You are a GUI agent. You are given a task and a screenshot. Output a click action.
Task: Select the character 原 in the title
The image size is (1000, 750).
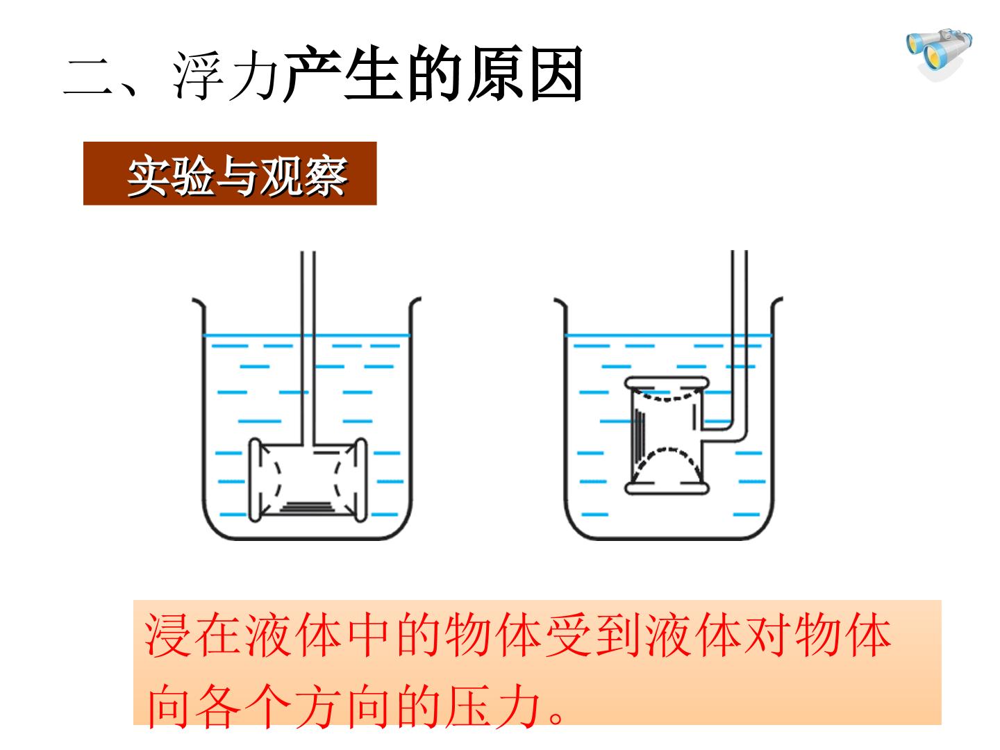click(496, 74)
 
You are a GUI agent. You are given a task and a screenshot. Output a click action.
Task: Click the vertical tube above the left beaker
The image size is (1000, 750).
click(308, 348)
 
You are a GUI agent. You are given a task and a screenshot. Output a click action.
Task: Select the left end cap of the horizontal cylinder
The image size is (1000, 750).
click(255, 479)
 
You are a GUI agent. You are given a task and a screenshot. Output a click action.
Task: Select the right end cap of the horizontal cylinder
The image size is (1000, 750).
click(360, 479)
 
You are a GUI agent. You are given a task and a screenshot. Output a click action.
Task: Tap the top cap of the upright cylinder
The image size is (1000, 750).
click(667, 383)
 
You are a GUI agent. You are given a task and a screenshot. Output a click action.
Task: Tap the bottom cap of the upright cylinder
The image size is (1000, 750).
click(667, 489)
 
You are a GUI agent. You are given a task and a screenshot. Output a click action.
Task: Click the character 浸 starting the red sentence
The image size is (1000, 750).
click(167, 635)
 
